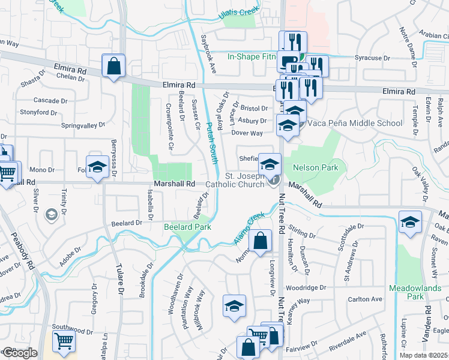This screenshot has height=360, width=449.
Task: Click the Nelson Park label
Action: pyautogui.click(x=316, y=168)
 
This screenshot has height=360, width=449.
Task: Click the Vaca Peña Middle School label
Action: pyautogui.click(x=355, y=124)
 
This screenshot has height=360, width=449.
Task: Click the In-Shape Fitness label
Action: pyautogui.click(x=251, y=57)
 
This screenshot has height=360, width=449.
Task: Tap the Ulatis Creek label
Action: pyautogui.click(x=239, y=11)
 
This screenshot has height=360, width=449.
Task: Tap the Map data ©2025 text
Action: pyautogui.click(x=423, y=355)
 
